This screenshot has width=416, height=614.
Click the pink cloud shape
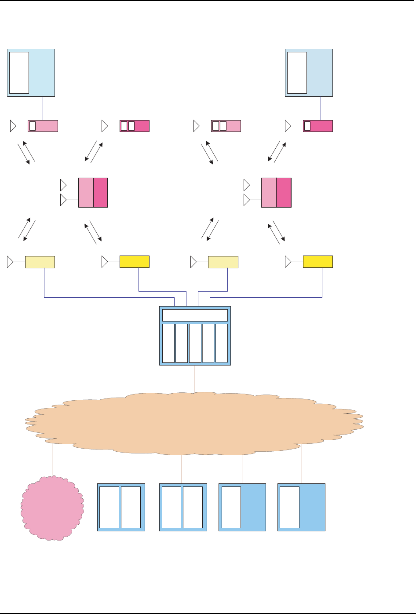(52, 508)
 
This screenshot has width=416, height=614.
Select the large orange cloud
(193, 422)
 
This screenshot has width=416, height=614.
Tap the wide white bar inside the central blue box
(195, 315)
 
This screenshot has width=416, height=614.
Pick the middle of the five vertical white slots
(195, 343)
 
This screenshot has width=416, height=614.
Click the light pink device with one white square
(43, 126)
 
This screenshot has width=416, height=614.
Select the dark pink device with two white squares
(135, 126)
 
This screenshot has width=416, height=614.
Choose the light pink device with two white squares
(226, 126)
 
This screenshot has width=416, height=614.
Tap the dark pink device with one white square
(318, 126)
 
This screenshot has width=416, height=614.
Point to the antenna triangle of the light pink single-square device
(13, 126)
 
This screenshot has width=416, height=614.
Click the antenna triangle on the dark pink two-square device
(105, 126)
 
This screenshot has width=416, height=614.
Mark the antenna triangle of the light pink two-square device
(197, 126)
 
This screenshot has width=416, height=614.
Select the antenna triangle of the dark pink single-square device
(288, 126)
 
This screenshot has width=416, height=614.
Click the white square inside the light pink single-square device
(33, 126)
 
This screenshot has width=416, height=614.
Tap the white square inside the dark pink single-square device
(307, 126)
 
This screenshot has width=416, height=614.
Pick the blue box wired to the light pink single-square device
(41, 73)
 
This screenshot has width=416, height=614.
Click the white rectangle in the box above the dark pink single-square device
(297, 73)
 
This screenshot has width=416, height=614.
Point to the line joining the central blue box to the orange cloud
(194, 379)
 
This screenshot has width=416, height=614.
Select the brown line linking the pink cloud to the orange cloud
(52, 460)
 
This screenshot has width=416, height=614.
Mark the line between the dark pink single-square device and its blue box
(321, 108)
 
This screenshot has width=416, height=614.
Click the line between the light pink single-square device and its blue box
(43, 108)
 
